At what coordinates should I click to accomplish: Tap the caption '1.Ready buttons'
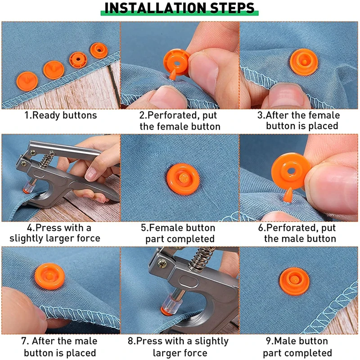click(61, 115)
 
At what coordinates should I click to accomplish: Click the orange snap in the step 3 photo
click(304, 62)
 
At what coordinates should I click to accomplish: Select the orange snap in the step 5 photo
click(183, 179)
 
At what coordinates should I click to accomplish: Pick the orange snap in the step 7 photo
click(50, 276)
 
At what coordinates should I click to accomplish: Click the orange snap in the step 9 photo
click(295, 281)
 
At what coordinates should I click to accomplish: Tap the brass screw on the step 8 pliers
click(162, 264)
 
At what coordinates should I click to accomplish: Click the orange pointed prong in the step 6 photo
click(288, 195)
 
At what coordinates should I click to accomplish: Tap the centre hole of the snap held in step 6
click(291, 171)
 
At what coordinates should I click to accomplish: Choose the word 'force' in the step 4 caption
click(88, 238)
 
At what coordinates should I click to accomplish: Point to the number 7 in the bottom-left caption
click(24, 341)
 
